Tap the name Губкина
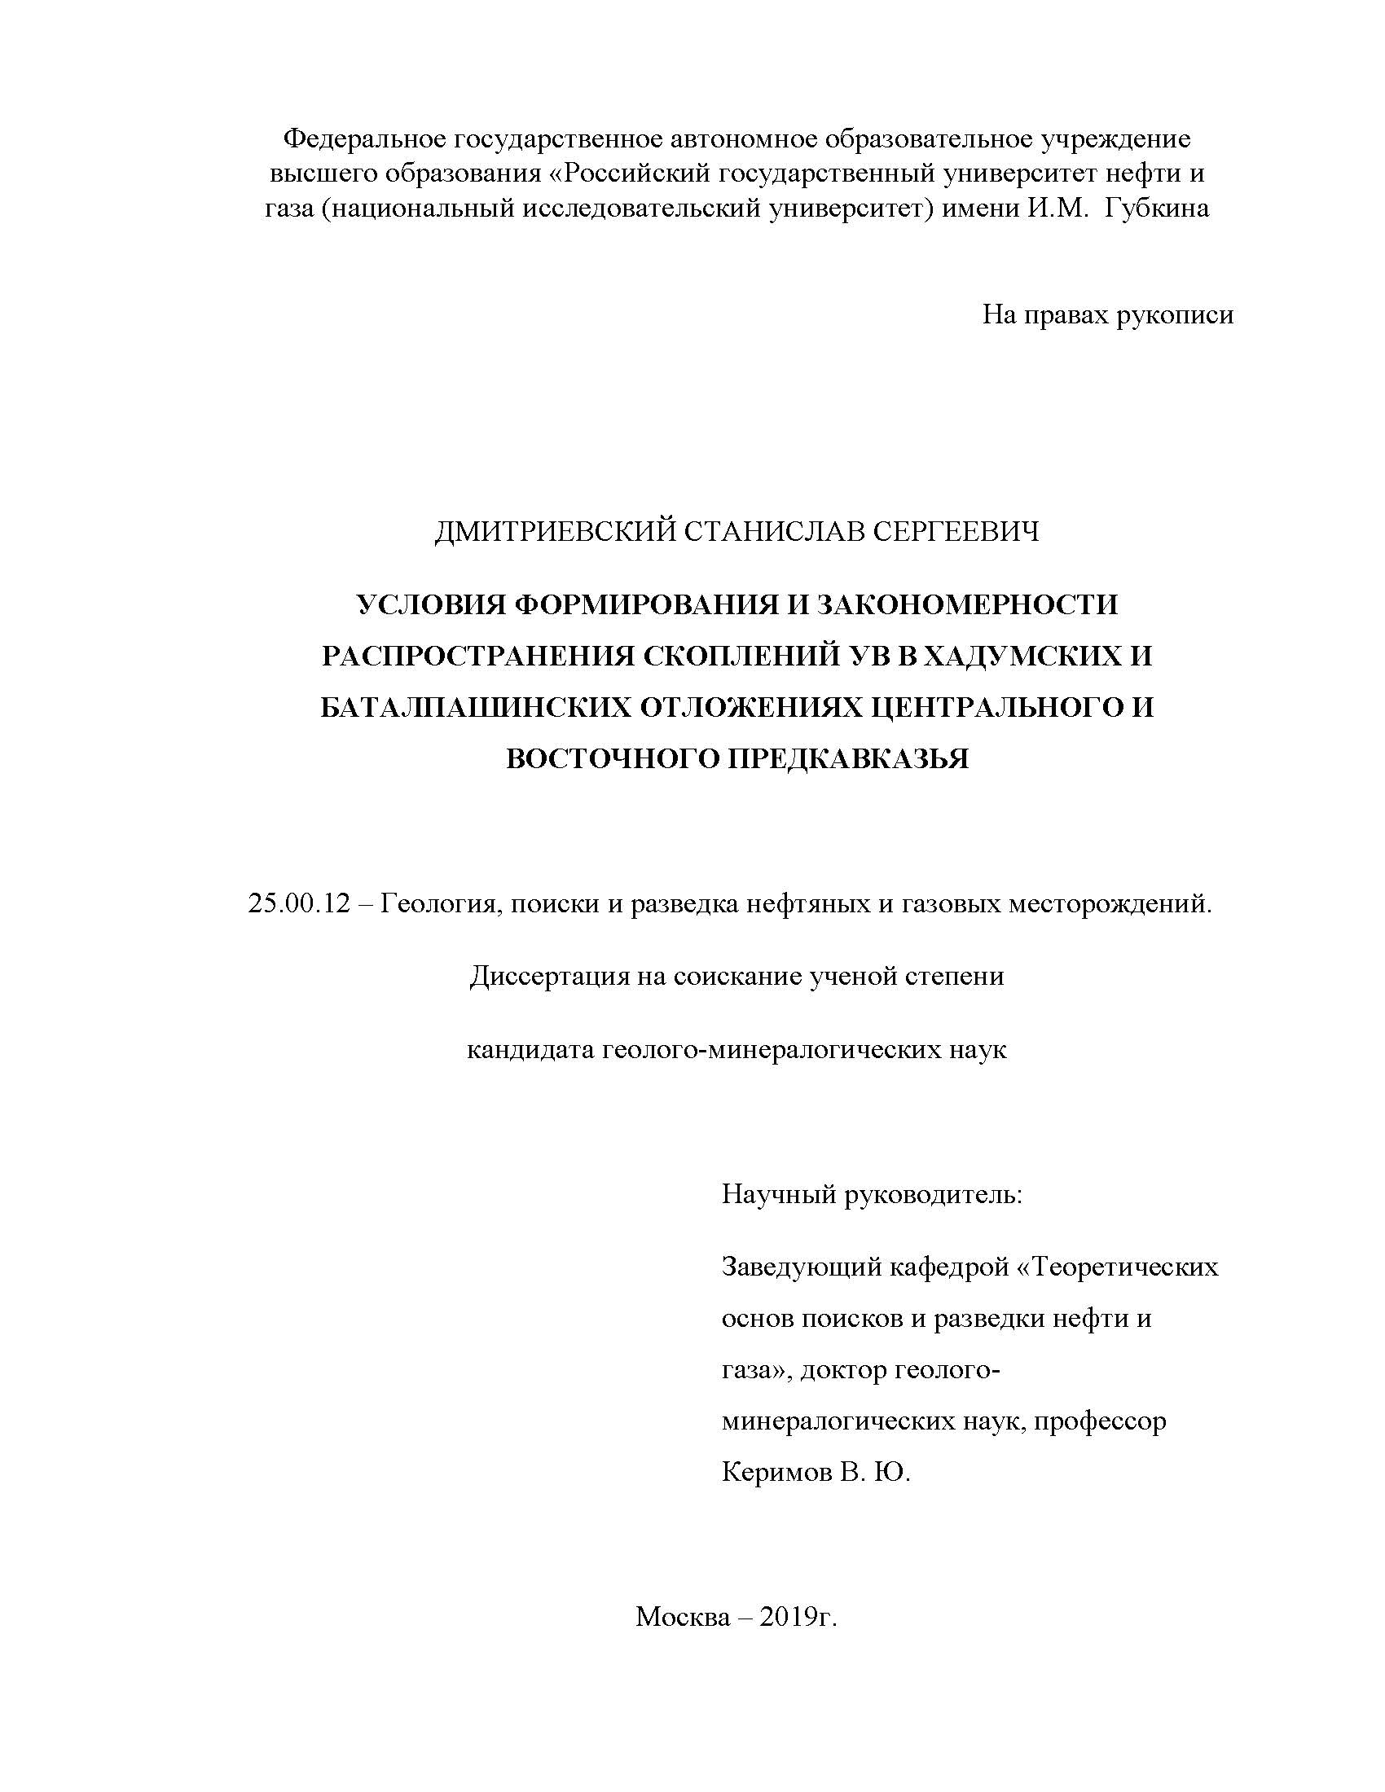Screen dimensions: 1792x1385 click(1156, 209)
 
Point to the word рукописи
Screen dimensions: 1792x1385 click(1175, 314)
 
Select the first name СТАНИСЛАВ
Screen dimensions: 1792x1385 click(774, 532)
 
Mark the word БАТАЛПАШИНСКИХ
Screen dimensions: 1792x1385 click(473, 706)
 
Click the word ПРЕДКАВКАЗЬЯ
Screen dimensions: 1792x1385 click(848, 758)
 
